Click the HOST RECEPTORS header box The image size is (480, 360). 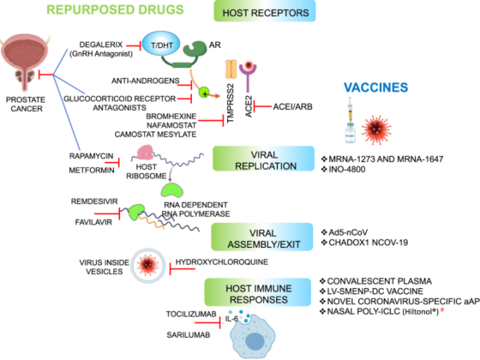[265, 11]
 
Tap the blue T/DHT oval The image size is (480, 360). [161, 45]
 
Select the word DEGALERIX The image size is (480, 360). [101, 45]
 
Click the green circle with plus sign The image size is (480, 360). [204, 93]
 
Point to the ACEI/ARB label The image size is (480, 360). [292, 107]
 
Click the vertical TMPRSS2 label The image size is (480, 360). [231, 103]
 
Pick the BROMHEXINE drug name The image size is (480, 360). [171, 117]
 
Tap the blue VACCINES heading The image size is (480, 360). [375, 87]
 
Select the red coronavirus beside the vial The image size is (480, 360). [376, 129]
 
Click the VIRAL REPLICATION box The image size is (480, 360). [264, 159]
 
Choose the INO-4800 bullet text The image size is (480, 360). [344, 170]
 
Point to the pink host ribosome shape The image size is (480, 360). [145, 153]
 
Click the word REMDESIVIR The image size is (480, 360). [94, 201]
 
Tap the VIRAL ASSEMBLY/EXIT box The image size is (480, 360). [262, 237]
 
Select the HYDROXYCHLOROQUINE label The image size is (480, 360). [222, 262]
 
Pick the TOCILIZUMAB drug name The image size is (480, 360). [191, 315]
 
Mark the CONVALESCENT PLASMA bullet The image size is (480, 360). [376, 281]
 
